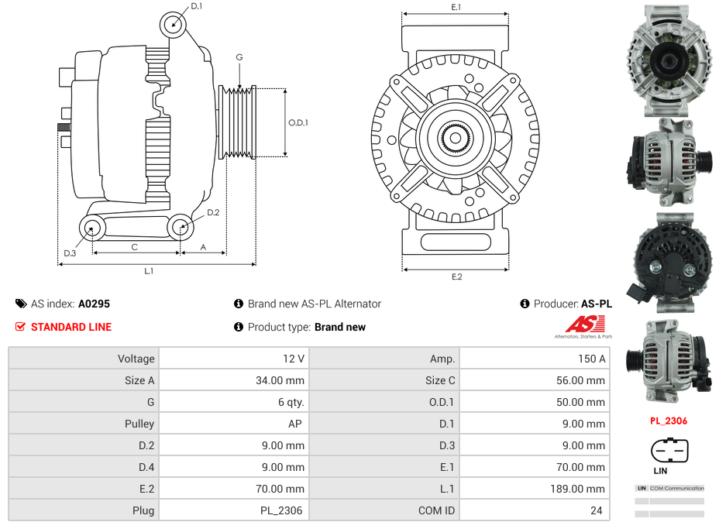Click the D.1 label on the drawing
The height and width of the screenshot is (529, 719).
pyautogui.click(x=197, y=6)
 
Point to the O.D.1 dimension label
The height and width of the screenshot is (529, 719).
pyautogui.click(x=298, y=122)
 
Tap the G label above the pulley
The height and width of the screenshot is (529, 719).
pyautogui.click(x=239, y=57)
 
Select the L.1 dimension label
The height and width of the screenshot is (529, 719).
pyautogui.click(x=149, y=271)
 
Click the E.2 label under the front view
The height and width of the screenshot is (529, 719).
pyautogui.click(x=456, y=277)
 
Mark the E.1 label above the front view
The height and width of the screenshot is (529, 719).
pyautogui.click(x=456, y=8)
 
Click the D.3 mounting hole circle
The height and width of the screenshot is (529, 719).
pyautogui.click(x=93, y=228)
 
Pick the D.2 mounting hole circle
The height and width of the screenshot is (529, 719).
pyautogui.click(x=181, y=228)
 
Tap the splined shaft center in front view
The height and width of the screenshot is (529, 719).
pyautogui.click(x=456, y=139)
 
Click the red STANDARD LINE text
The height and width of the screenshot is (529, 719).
pyautogui.click(x=71, y=327)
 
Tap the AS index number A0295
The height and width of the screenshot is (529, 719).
pyautogui.click(x=94, y=304)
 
